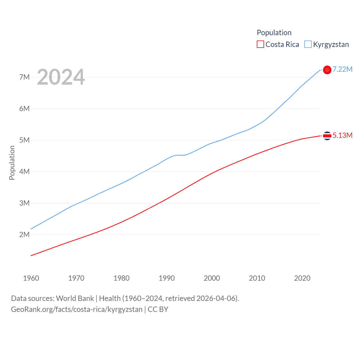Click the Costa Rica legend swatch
click(260, 44)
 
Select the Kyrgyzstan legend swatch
click(308, 44)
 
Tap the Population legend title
click(274, 33)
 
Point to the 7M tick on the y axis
click(24, 77)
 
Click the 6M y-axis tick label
click(24, 109)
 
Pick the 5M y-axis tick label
click(24, 140)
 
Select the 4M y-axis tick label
click(24, 172)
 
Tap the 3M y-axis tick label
click(24, 203)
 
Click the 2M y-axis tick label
click(24, 235)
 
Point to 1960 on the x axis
click(31, 278)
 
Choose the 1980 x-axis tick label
click(121, 278)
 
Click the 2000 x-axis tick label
click(212, 278)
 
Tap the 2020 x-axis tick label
click(302, 278)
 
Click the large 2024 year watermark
click(61, 77)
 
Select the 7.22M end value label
click(343, 69)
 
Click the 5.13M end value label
click(343, 135)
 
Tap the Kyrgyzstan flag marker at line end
click(327, 70)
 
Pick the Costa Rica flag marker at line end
click(327, 136)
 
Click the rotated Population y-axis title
click(12, 163)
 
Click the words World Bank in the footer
click(75, 298)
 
